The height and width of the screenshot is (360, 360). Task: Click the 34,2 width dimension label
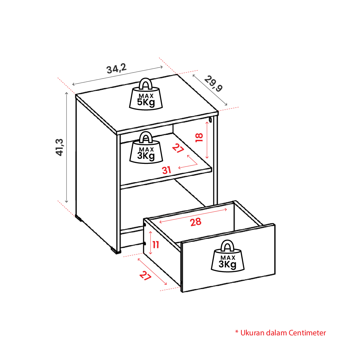coord(117,68)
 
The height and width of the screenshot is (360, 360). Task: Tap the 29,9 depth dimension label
coord(213,84)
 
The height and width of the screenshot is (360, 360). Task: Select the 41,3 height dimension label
coord(60,148)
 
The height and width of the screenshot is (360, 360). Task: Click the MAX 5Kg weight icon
coord(146,94)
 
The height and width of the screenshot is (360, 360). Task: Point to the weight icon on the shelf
coord(146,148)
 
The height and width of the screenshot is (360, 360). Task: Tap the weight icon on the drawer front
coord(227,256)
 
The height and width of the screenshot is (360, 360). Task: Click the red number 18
coord(199,138)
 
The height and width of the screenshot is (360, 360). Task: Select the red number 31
coord(167,170)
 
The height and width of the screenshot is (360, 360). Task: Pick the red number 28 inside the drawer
coord(195,222)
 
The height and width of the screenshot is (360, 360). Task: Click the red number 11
coord(156,245)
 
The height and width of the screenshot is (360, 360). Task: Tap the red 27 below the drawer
coord(145,275)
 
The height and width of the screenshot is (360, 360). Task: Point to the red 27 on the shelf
coord(178,148)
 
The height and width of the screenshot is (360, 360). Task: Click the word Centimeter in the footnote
coord(307,333)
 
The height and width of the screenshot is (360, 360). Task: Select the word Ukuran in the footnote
coord(252,333)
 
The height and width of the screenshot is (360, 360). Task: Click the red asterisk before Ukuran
coord(237,332)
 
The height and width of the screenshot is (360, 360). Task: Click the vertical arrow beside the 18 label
coord(207,140)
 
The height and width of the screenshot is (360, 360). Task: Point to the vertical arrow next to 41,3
coord(67,148)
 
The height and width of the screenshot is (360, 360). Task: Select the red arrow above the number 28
coord(193,215)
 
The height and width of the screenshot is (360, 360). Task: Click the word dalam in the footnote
coord(276,333)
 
